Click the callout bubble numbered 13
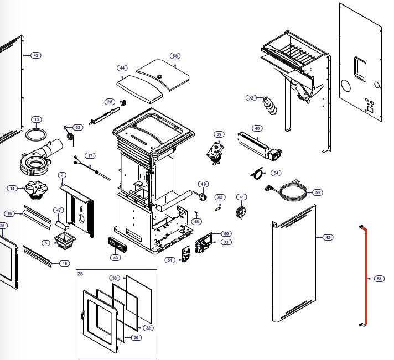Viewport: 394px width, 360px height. click(x=36, y=119)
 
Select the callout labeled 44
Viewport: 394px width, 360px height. click(x=122, y=68)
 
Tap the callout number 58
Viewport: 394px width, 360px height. click(x=175, y=56)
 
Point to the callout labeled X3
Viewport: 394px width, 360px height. click(x=252, y=98)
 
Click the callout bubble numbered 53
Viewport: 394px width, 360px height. click(x=379, y=279)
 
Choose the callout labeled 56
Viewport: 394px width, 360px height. click(x=317, y=192)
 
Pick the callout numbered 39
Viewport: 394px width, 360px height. click(x=219, y=134)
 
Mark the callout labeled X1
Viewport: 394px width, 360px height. click(x=226, y=242)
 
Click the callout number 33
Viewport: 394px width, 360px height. click(x=115, y=277)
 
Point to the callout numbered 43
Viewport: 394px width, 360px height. click(x=115, y=258)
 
